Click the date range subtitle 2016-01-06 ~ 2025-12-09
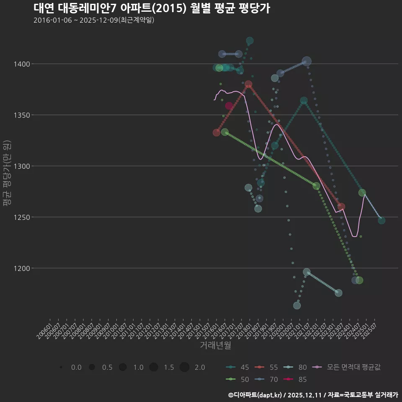94,20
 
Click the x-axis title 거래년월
215,345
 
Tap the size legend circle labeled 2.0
185,367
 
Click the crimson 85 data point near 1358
229,106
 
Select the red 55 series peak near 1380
248,85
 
